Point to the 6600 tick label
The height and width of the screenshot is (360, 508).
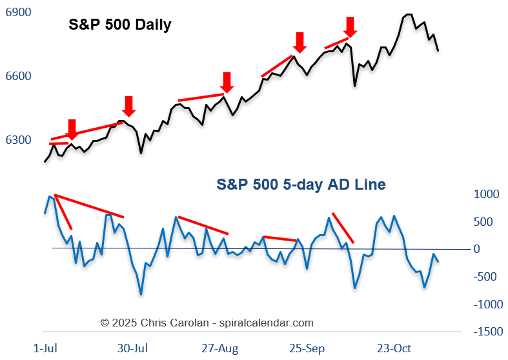(18, 77)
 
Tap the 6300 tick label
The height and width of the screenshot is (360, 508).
(18, 140)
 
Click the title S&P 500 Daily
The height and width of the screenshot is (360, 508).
(120, 26)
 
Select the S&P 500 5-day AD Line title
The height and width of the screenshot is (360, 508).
(301, 185)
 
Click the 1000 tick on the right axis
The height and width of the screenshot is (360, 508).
(487, 194)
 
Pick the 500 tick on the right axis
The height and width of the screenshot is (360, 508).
(489, 222)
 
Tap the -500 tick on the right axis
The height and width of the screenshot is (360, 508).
(487, 277)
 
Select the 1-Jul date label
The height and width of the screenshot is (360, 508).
(45, 348)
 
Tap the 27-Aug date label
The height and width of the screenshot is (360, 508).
(220, 348)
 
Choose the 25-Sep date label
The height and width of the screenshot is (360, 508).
(307, 348)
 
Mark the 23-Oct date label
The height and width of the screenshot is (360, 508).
(394, 348)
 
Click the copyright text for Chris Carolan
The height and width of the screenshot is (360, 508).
(207, 323)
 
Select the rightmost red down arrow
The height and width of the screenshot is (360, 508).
(349, 27)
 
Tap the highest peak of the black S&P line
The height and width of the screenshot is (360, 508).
(408, 14)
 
